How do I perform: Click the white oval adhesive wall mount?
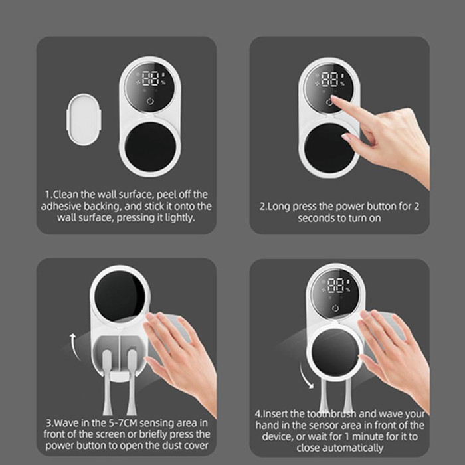click(84, 120)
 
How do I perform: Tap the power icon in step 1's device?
click(151, 101)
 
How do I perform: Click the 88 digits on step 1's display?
click(151, 78)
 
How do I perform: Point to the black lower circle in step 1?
click(150, 147)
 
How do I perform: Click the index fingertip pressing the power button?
click(333, 98)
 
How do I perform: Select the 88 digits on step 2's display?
click(330, 80)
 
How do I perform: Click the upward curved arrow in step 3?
click(74, 347)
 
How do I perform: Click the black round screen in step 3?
click(120, 296)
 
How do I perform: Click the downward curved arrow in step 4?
click(306, 376)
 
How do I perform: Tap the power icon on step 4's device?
click(335, 308)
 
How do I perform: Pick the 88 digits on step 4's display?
click(337, 285)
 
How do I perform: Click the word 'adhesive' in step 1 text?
click(61, 206)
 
